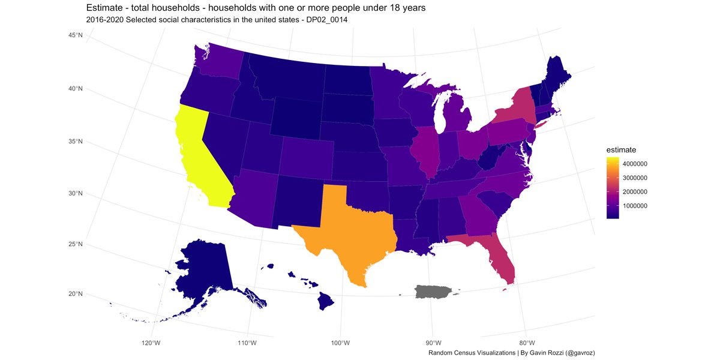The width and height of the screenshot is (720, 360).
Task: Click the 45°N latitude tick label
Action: coord(75,36)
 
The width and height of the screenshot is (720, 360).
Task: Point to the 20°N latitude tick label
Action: coord(75,293)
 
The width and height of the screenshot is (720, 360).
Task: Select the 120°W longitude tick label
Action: coord(151,343)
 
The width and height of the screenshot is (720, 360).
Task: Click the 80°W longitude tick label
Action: coord(526,343)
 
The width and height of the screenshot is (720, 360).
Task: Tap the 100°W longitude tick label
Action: coord(340,343)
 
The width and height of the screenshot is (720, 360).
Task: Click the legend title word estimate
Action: coord(621,149)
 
